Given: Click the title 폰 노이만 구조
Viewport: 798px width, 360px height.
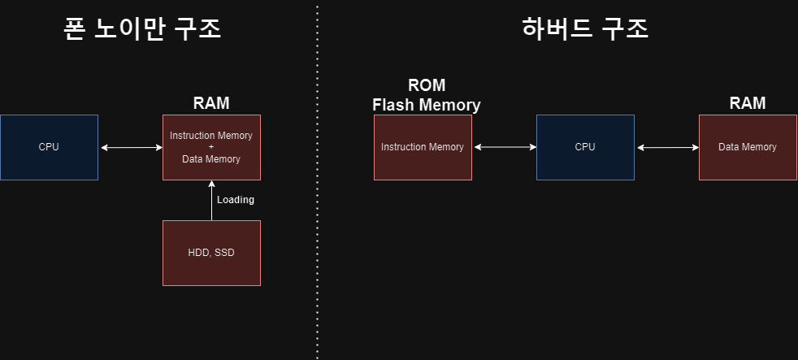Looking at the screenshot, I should [143, 30].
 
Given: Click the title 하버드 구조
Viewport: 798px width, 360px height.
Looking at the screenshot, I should [585, 30].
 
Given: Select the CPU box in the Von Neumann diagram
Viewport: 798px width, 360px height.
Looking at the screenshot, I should [49, 147].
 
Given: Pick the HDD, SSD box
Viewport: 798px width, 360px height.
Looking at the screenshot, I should [211, 253].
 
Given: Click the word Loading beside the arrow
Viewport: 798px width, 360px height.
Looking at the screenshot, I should [236, 200].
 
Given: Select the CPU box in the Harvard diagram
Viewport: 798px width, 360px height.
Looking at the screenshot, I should [585, 147].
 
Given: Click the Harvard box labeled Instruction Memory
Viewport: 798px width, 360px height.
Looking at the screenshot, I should [423, 147].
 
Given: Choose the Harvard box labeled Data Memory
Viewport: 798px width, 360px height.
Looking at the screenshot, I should [748, 147].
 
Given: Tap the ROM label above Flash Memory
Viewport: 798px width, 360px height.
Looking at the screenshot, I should [427, 85].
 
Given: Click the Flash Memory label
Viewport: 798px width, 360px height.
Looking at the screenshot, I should [427, 105].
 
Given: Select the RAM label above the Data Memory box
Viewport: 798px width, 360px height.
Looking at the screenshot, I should [748, 103].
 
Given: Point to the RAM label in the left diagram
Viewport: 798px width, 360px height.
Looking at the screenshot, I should [211, 103].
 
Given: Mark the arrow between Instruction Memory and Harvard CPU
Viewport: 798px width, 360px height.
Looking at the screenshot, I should [504, 147].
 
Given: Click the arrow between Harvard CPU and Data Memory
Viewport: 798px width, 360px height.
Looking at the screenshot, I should [666, 147].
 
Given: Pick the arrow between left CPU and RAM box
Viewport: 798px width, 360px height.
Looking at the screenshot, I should [131, 147].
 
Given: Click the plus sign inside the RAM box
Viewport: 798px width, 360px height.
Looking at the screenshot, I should [211, 147].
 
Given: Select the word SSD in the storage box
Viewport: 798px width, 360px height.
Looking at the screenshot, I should [224, 253].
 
